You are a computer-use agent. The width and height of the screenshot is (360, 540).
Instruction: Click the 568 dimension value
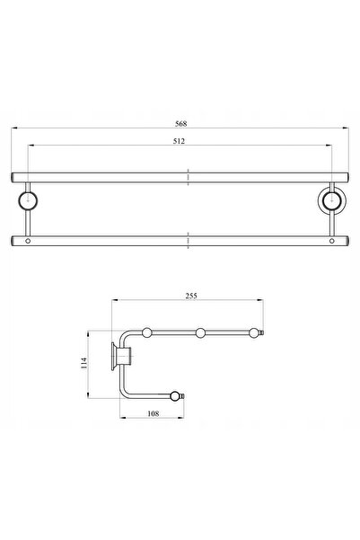click(x=180, y=124)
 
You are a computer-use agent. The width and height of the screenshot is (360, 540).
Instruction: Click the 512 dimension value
click(x=179, y=141)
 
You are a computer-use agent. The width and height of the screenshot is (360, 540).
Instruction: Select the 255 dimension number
click(x=191, y=296)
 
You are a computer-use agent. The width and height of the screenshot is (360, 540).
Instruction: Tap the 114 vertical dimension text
click(x=84, y=363)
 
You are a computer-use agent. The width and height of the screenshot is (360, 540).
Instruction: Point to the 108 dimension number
click(x=154, y=413)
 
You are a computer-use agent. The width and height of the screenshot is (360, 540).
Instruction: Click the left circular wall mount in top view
click(x=28, y=200)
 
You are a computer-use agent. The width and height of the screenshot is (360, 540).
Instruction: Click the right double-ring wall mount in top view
click(x=332, y=200)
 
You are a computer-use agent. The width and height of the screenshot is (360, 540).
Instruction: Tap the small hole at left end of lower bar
click(x=28, y=241)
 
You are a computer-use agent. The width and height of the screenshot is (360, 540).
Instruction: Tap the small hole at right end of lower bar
click(x=331, y=241)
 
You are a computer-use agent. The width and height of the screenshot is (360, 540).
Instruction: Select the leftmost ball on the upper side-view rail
click(x=147, y=333)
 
